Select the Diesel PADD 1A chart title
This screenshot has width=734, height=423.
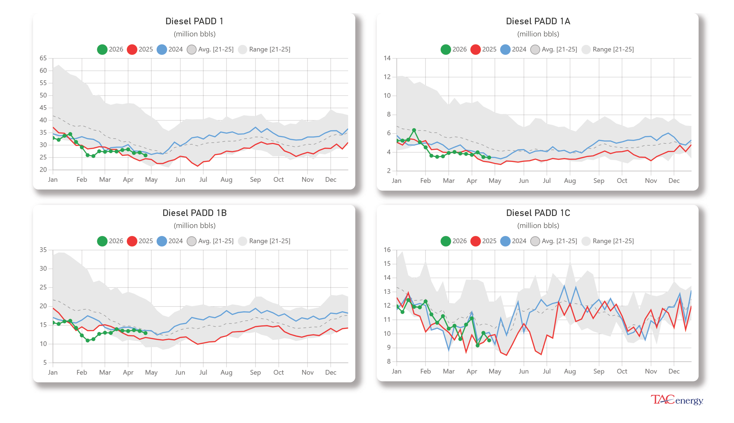pyautogui.click(x=538, y=21)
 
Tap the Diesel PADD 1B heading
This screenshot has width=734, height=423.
pyautogui.click(x=194, y=213)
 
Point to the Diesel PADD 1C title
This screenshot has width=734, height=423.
pyautogui.click(x=538, y=213)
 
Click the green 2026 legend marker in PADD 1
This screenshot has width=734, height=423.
pyautogui.click(x=102, y=49)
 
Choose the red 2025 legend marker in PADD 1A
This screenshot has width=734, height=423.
pyautogui.click(x=475, y=49)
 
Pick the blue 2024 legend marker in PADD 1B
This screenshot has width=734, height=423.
pyautogui.click(x=162, y=241)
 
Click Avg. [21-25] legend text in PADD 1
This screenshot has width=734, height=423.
pyautogui.click(x=216, y=49)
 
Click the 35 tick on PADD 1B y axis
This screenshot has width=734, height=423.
pyautogui.click(x=43, y=250)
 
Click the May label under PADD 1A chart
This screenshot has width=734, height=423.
pyautogui.click(x=495, y=181)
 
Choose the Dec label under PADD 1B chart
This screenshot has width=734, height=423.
pyautogui.click(x=330, y=373)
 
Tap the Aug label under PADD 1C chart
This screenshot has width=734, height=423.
pyautogui.click(x=570, y=371)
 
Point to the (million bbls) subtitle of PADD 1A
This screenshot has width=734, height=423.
pyautogui.click(x=538, y=34)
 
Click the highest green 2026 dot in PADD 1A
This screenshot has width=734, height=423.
pyautogui.click(x=414, y=130)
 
